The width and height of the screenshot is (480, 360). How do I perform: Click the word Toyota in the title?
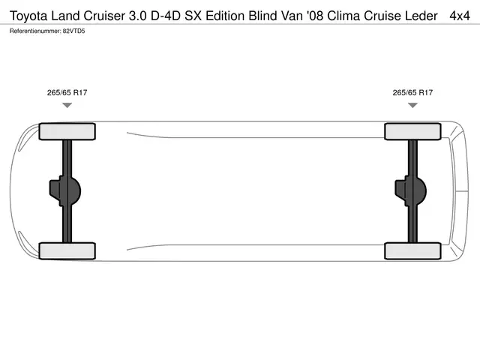28,16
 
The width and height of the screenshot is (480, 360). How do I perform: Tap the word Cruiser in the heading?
104,16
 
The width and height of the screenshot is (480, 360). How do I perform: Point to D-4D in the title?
166,16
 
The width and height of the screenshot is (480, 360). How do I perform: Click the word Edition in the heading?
225,16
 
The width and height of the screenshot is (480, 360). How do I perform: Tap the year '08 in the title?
315,16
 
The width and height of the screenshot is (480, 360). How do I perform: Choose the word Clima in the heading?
343,16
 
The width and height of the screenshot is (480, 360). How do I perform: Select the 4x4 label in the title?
460,16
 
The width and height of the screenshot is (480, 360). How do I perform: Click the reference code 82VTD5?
73,31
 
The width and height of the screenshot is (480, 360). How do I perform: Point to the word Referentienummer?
35,31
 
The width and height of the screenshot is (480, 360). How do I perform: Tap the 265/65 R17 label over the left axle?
67,92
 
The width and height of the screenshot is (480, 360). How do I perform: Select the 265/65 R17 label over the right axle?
412,92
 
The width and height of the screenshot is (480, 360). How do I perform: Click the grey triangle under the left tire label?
67,105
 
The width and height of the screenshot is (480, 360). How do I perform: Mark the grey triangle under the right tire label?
412,105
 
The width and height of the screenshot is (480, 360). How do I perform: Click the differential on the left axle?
65,190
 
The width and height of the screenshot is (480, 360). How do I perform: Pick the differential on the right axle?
410,190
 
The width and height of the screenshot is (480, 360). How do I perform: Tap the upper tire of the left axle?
67,132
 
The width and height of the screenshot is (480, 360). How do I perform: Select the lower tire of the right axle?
412,251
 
